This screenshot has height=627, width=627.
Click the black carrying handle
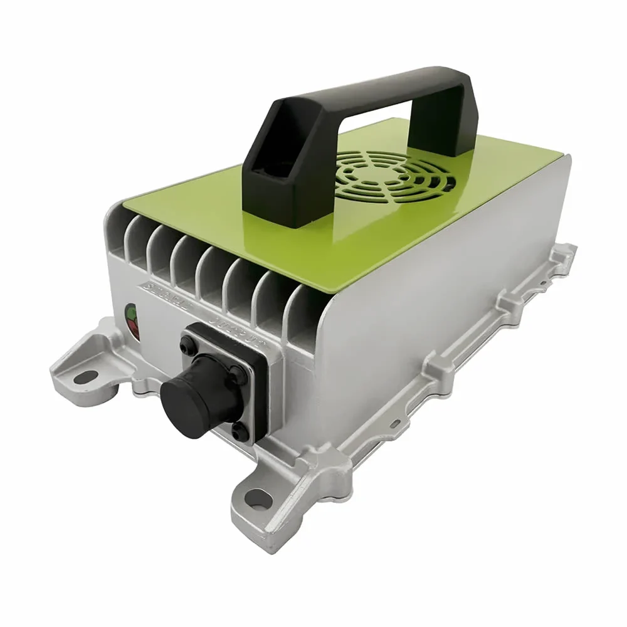[351, 100]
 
